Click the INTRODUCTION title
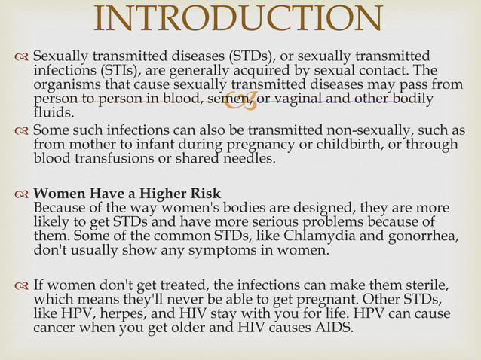tap(240, 20)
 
